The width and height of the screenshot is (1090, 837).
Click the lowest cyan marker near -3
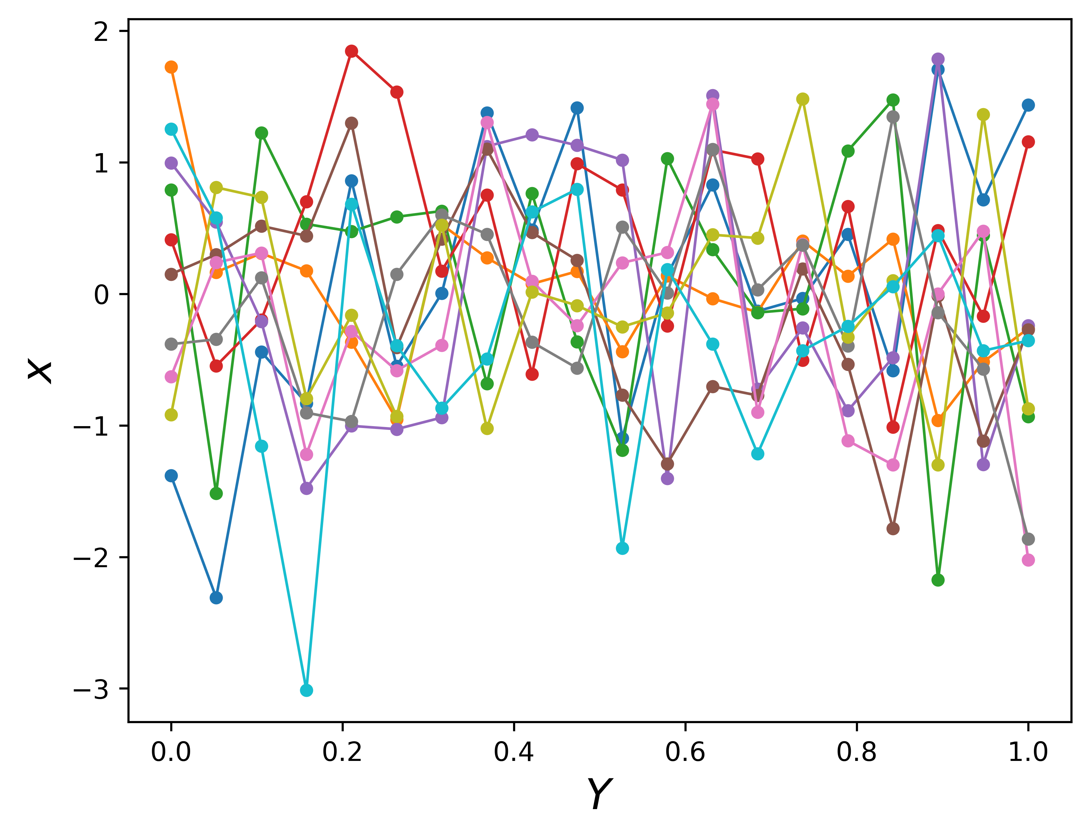pyautogui.click(x=306, y=690)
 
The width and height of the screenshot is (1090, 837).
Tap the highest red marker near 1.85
pyautogui.click(x=351, y=51)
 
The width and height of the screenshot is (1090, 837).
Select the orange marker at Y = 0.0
pyautogui.click(x=171, y=67)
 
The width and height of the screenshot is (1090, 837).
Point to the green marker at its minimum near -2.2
pyautogui.click(x=938, y=580)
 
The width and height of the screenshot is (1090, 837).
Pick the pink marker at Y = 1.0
pyautogui.click(x=1028, y=560)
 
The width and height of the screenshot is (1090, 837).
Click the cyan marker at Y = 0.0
pyautogui.click(x=171, y=129)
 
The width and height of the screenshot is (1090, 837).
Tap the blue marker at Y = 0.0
pyautogui.click(x=171, y=476)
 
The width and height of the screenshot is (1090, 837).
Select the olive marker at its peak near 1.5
pyautogui.click(x=802, y=99)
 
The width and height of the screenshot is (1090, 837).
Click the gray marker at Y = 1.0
pyautogui.click(x=1028, y=539)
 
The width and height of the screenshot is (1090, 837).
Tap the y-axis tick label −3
pyautogui.click(x=91, y=690)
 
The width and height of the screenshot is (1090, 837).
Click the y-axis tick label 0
pyautogui.click(x=101, y=295)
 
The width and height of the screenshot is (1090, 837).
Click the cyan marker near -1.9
pyautogui.click(x=622, y=548)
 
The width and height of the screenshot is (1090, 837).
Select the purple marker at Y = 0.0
pyautogui.click(x=171, y=163)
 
